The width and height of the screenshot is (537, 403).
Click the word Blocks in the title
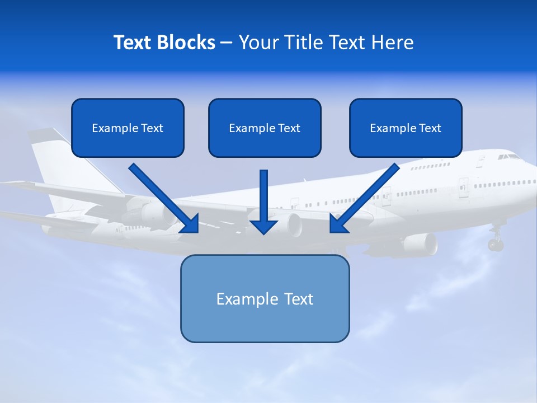[x=187, y=43]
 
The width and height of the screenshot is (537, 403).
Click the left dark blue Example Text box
[x=128, y=128]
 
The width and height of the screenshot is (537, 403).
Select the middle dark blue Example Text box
[x=265, y=128]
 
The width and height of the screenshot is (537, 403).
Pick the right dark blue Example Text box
[x=406, y=128]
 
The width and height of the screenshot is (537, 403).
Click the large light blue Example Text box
[x=265, y=298]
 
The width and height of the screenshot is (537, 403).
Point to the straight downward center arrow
[x=263, y=201]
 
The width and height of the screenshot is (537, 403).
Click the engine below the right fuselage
[x=420, y=243]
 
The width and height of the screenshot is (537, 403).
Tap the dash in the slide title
[x=227, y=43]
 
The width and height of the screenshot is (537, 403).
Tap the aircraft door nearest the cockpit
[x=481, y=162]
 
